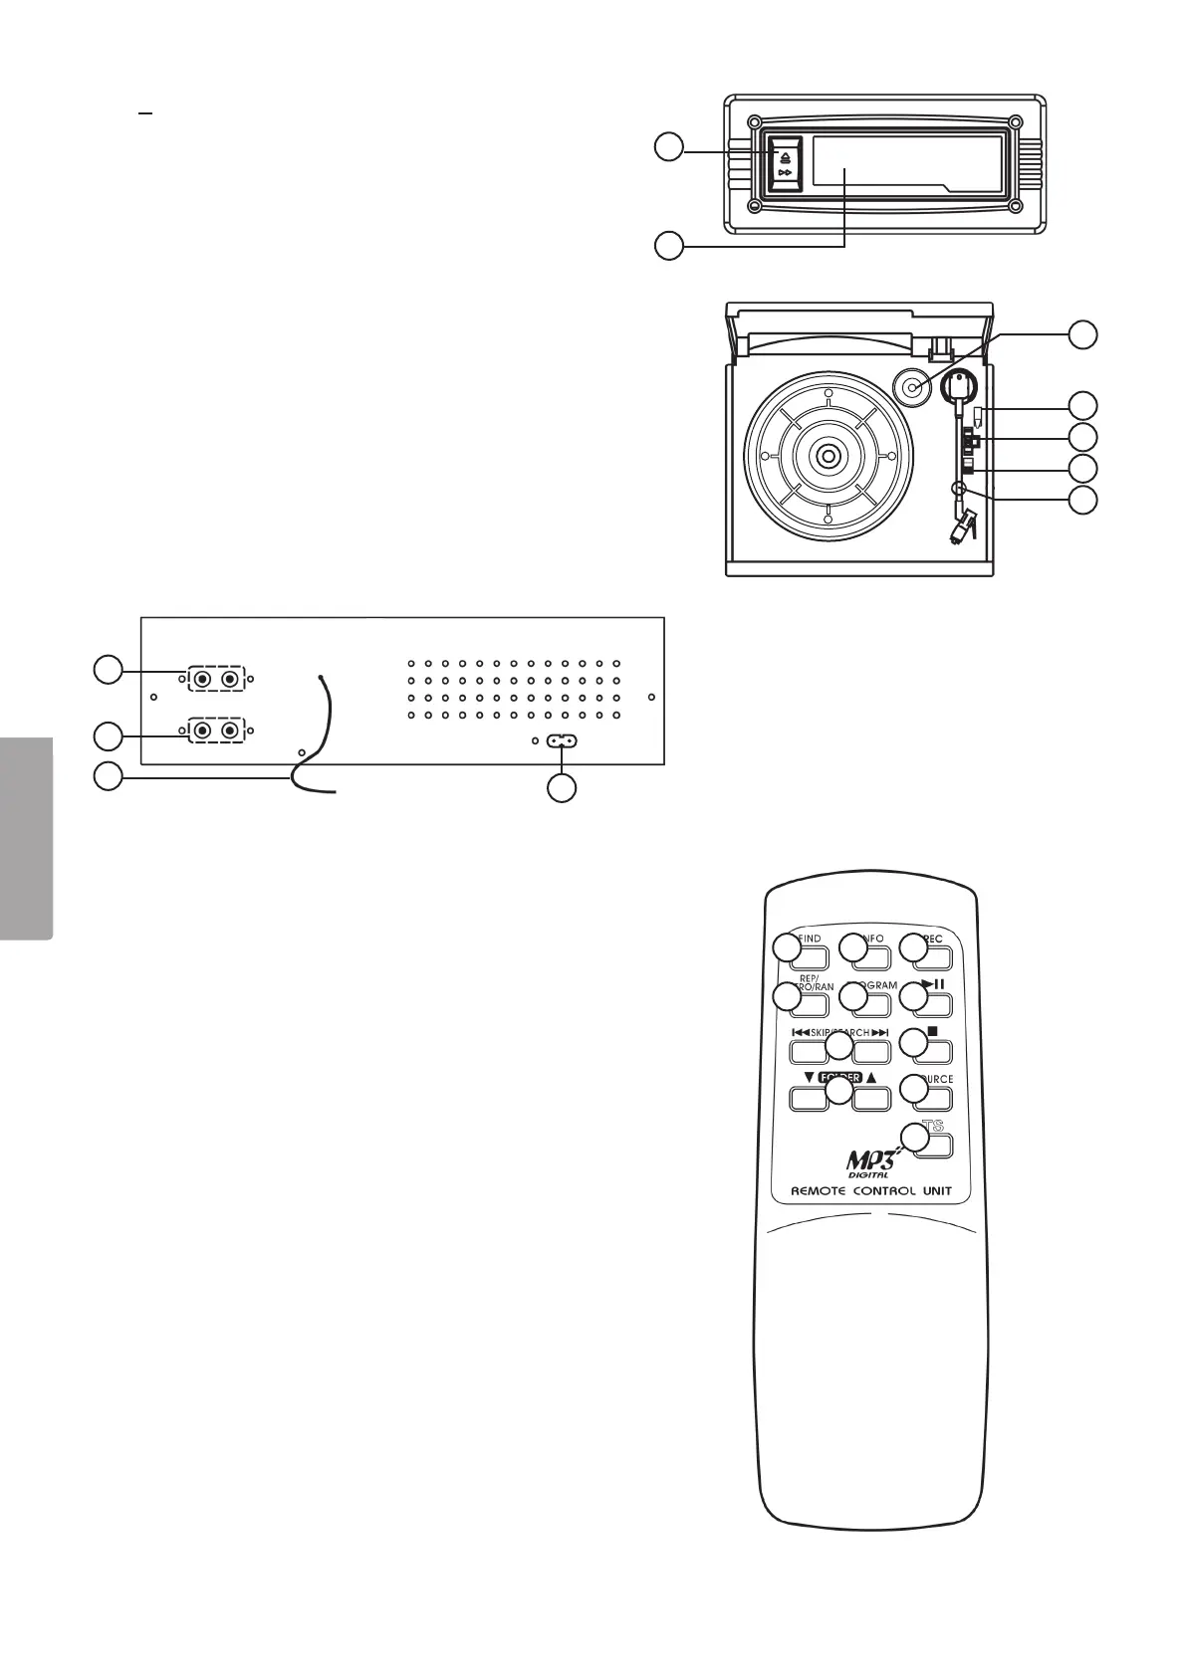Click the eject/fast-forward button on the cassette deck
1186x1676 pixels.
pos(785,165)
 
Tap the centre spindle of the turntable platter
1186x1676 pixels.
pos(828,456)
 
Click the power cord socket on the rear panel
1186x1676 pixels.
pos(563,741)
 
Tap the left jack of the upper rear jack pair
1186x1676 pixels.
pos(202,679)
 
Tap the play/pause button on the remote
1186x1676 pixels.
pos(933,1000)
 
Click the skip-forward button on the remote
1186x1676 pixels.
pos(870,1052)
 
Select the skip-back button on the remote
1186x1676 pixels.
pos(809,1052)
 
